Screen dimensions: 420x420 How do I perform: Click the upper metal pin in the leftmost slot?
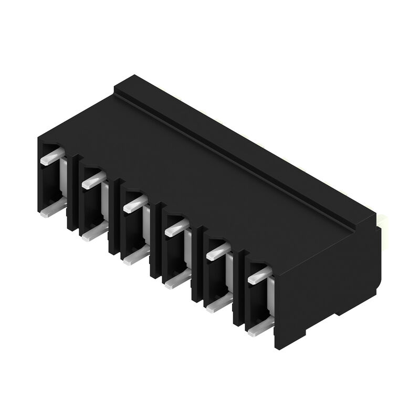[x=52, y=156]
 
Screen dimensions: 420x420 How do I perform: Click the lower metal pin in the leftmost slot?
[x=52, y=208]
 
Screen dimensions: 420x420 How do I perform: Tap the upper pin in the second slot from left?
[x=93, y=180]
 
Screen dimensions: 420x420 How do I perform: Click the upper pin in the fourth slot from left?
[x=176, y=227]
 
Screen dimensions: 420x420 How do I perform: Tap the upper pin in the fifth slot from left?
[x=218, y=251]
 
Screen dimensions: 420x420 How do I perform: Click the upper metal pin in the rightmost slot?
[x=259, y=275]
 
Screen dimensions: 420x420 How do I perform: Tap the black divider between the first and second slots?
[x=73, y=194]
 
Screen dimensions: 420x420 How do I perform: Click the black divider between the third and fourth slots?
[x=156, y=241]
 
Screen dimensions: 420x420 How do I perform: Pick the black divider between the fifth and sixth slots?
[x=239, y=289]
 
